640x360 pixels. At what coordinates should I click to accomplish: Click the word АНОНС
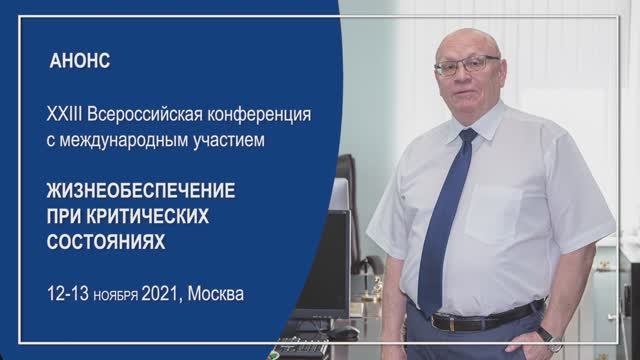(x=79, y=60)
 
